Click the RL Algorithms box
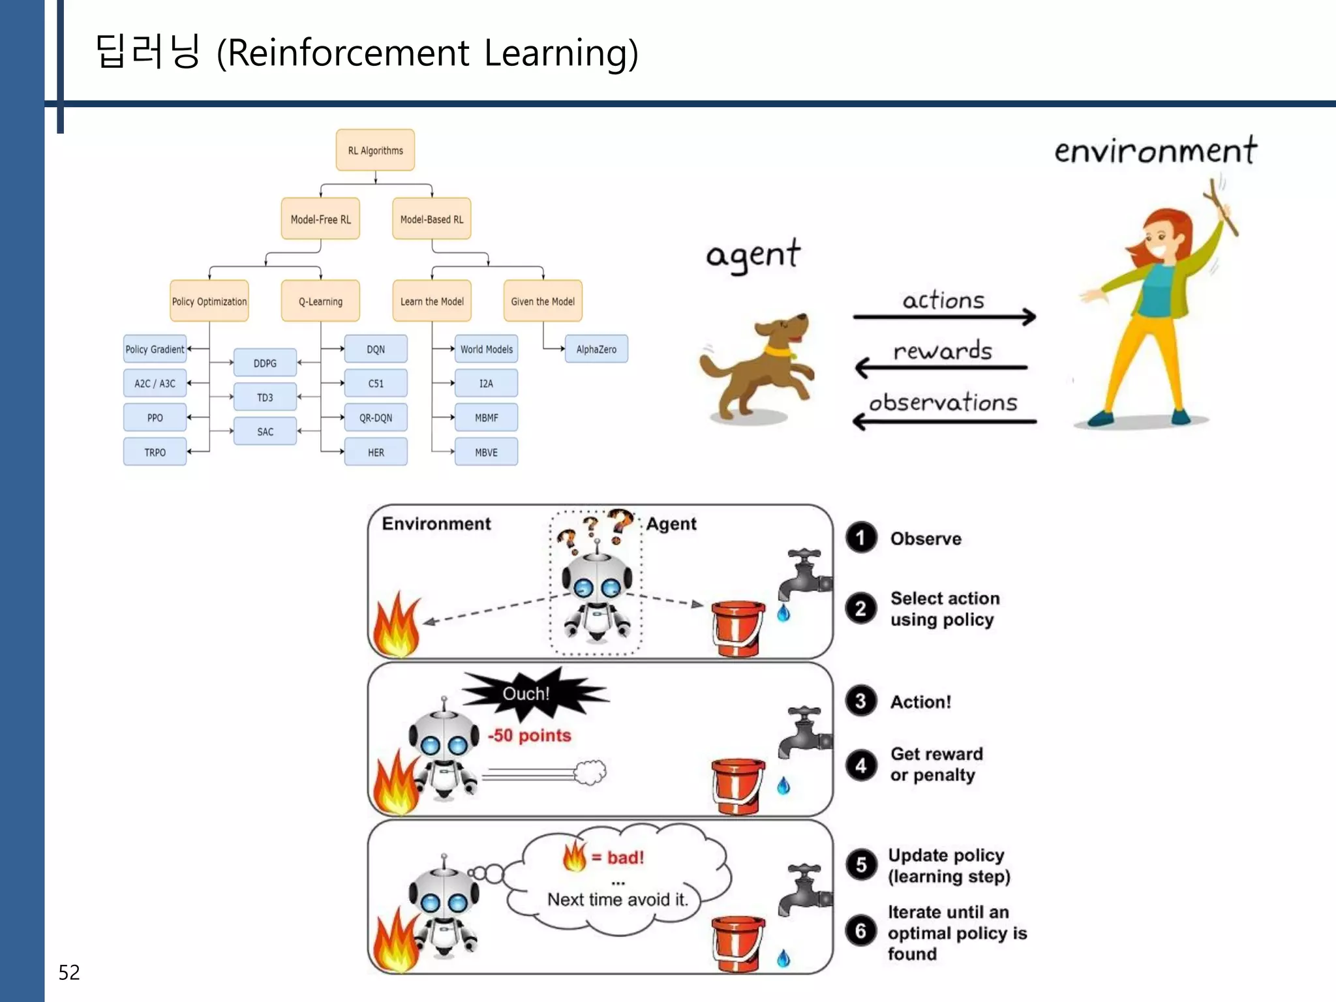click(x=375, y=150)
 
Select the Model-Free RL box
click(x=320, y=219)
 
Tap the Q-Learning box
click(x=320, y=301)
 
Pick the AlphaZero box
click(x=596, y=349)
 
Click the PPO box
click(x=155, y=417)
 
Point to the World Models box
click(x=486, y=349)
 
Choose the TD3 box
click(x=265, y=397)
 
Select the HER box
click(x=376, y=452)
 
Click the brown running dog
click(x=760, y=369)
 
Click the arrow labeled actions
click(x=944, y=317)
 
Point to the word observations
click(x=943, y=402)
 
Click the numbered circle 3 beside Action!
click(x=860, y=701)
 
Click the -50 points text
click(x=530, y=735)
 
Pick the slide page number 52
click(x=69, y=972)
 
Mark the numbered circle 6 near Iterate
click(x=860, y=931)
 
